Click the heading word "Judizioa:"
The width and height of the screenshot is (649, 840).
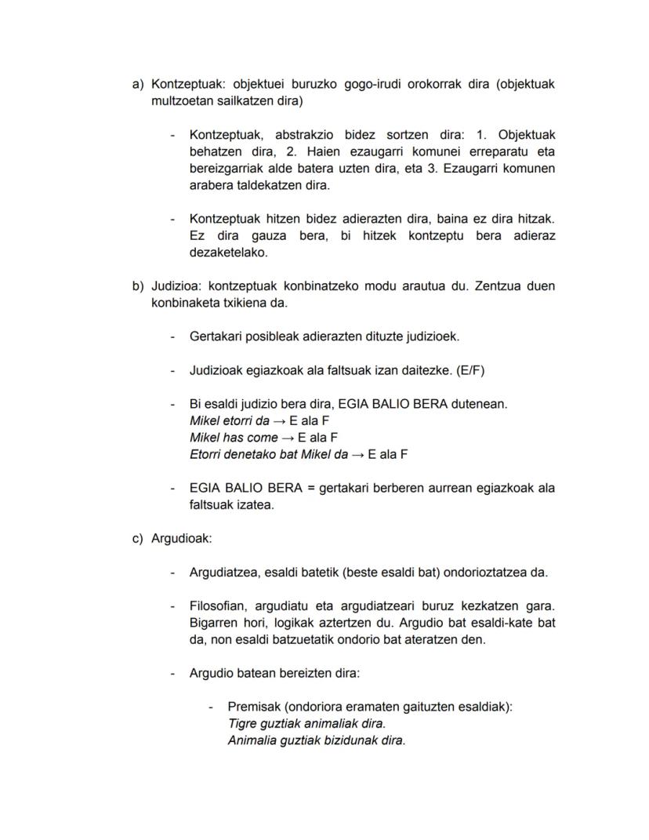point(177,286)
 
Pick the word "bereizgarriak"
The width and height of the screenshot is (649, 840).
point(227,169)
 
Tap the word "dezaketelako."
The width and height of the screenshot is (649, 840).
point(229,253)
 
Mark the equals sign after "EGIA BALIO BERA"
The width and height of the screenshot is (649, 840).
point(310,488)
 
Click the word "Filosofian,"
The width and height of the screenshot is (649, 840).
point(220,606)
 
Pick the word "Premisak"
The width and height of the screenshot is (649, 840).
point(252,707)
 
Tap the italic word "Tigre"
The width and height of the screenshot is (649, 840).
point(241,723)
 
